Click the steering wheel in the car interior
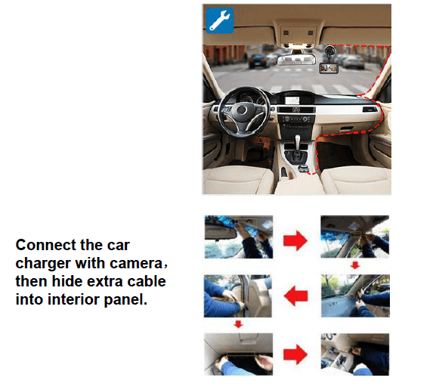(242, 112)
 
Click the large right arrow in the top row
(295, 240)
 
